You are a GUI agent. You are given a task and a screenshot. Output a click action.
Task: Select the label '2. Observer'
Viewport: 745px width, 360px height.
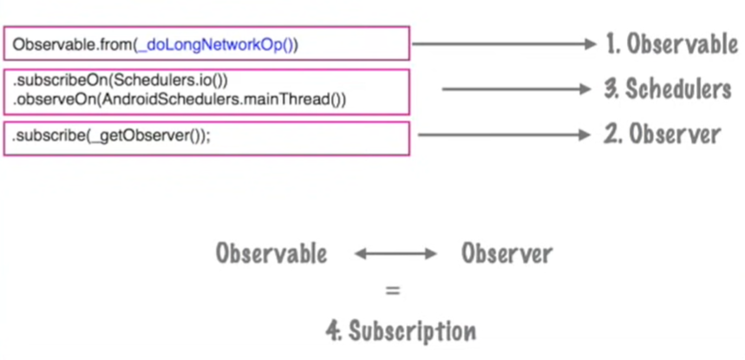662,134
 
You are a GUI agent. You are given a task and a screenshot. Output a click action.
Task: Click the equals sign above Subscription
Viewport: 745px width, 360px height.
393,292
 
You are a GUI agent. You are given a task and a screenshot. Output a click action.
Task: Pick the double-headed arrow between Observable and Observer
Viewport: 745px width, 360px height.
395,254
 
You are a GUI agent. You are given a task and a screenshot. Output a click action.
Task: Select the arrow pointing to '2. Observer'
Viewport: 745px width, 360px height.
504,134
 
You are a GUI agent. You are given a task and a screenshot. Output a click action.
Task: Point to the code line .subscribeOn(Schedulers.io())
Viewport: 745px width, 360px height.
120,81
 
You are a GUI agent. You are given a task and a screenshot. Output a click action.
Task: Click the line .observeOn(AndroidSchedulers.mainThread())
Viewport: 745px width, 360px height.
180,99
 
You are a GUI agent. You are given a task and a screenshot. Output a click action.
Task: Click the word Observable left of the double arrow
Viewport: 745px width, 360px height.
271,254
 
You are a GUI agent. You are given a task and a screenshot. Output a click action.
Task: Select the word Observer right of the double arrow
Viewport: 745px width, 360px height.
506,254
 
